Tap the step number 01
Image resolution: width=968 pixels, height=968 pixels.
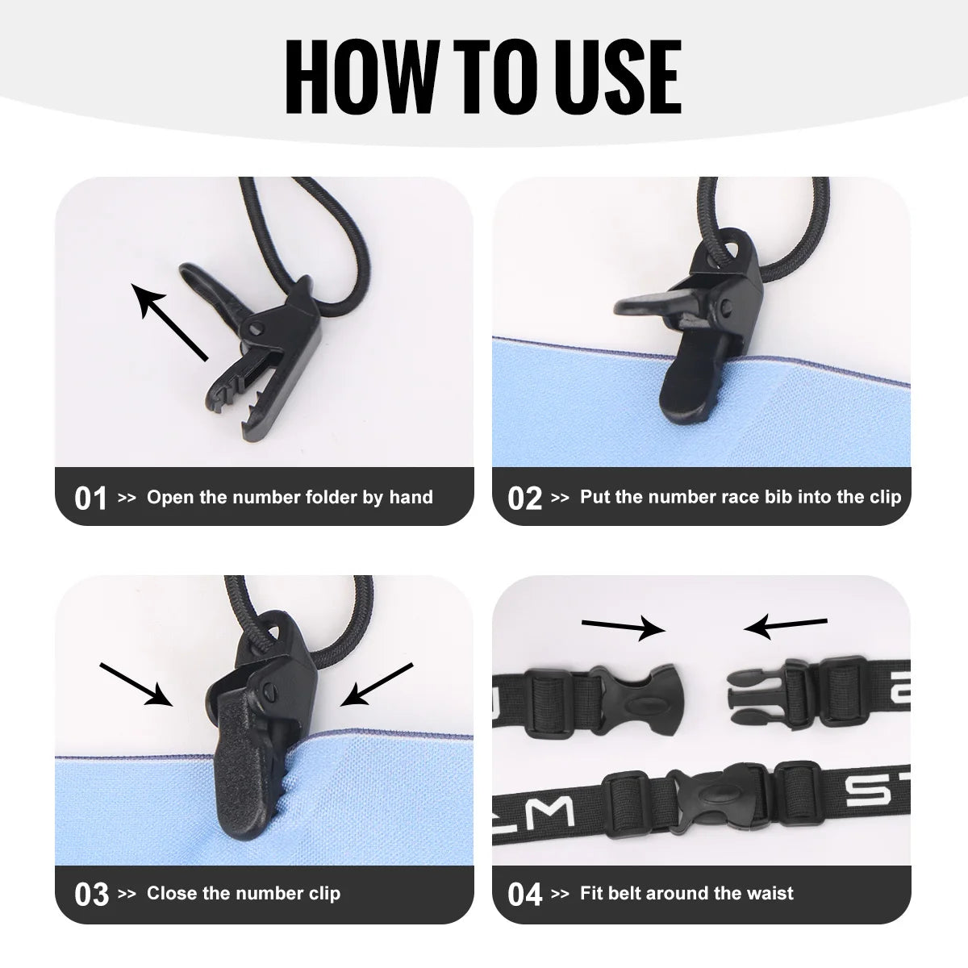pyautogui.click(x=90, y=499)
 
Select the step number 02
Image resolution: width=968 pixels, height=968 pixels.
pyautogui.click(x=524, y=499)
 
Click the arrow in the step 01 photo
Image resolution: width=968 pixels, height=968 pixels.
pyautogui.click(x=169, y=322)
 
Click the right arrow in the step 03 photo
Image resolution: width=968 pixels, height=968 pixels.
pyautogui.click(x=376, y=685)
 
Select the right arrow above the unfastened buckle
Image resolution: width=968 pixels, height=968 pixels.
pyautogui.click(x=786, y=628)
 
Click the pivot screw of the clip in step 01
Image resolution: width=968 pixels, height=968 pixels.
pyautogui.click(x=257, y=329)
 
